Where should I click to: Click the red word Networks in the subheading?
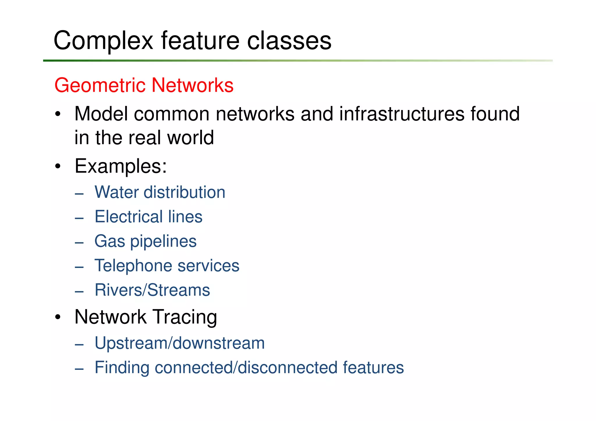pyautogui.click(x=192, y=85)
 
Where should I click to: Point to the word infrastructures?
pyautogui.click(x=402, y=114)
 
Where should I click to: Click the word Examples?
pyautogui.click(x=121, y=166)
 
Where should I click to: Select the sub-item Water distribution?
pyautogui.click(x=160, y=192)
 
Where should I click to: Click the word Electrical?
pyautogui.click(x=128, y=217)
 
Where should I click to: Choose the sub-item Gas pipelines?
pyautogui.click(x=146, y=241)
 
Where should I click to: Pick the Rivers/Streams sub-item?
pyautogui.click(x=152, y=290)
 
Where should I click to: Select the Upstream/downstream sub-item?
pyautogui.click(x=180, y=343)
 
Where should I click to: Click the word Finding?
pyautogui.click(x=122, y=367)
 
